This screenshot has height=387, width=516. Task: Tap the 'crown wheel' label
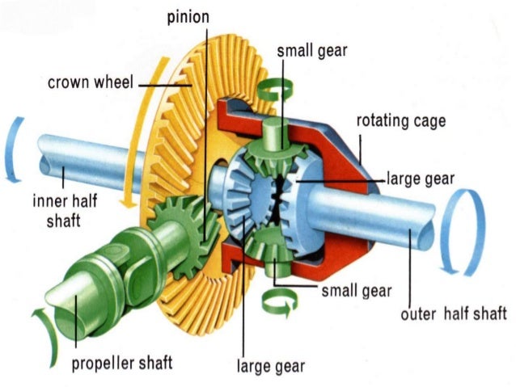pos(89,82)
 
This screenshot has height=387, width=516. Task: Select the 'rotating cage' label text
pos(401,121)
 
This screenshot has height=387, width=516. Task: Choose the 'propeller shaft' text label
pos(122,363)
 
